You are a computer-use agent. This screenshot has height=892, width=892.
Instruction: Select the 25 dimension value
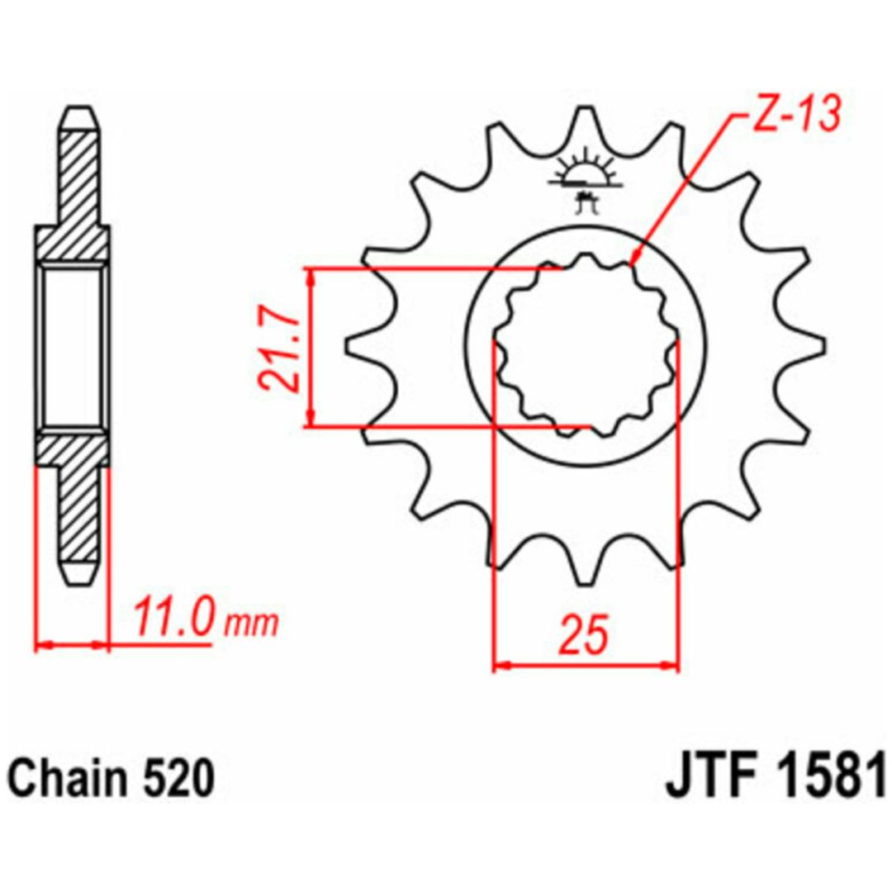(582, 633)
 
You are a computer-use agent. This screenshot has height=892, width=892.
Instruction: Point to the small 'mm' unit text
(251, 624)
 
